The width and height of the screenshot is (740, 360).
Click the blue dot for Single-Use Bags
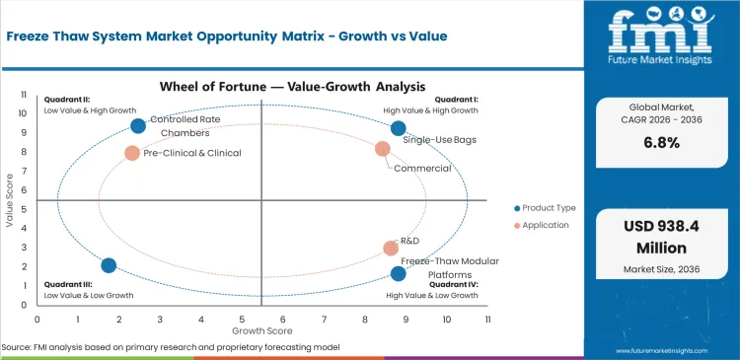click(398, 128)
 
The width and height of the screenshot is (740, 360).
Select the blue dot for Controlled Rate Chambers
click(138, 125)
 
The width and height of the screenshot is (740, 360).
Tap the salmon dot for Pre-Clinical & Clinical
click(132, 153)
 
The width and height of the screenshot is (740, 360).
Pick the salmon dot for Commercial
click(383, 149)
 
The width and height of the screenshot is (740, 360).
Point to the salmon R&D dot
click(391, 249)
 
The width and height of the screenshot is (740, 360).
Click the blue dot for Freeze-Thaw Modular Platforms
click(398, 273)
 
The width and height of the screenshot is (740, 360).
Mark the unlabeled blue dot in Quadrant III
click(109, 265)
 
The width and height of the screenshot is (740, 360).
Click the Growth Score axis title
click(261, 331)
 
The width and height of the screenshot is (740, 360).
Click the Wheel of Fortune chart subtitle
click(261, 87)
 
